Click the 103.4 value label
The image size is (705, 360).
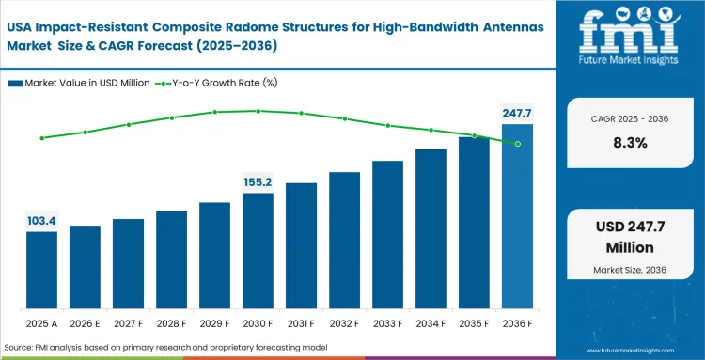(41, 221)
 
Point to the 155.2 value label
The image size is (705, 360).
(258, 182)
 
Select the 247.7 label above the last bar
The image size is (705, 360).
(517, 113)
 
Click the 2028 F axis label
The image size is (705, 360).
(171, 323)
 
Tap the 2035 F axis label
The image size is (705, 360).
(474, 323)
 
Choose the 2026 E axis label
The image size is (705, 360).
(85, 323)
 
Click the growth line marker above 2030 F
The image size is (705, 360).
(258, 111)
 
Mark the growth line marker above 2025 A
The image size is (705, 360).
(41, 138)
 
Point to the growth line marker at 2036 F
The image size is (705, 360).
(517, 143)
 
